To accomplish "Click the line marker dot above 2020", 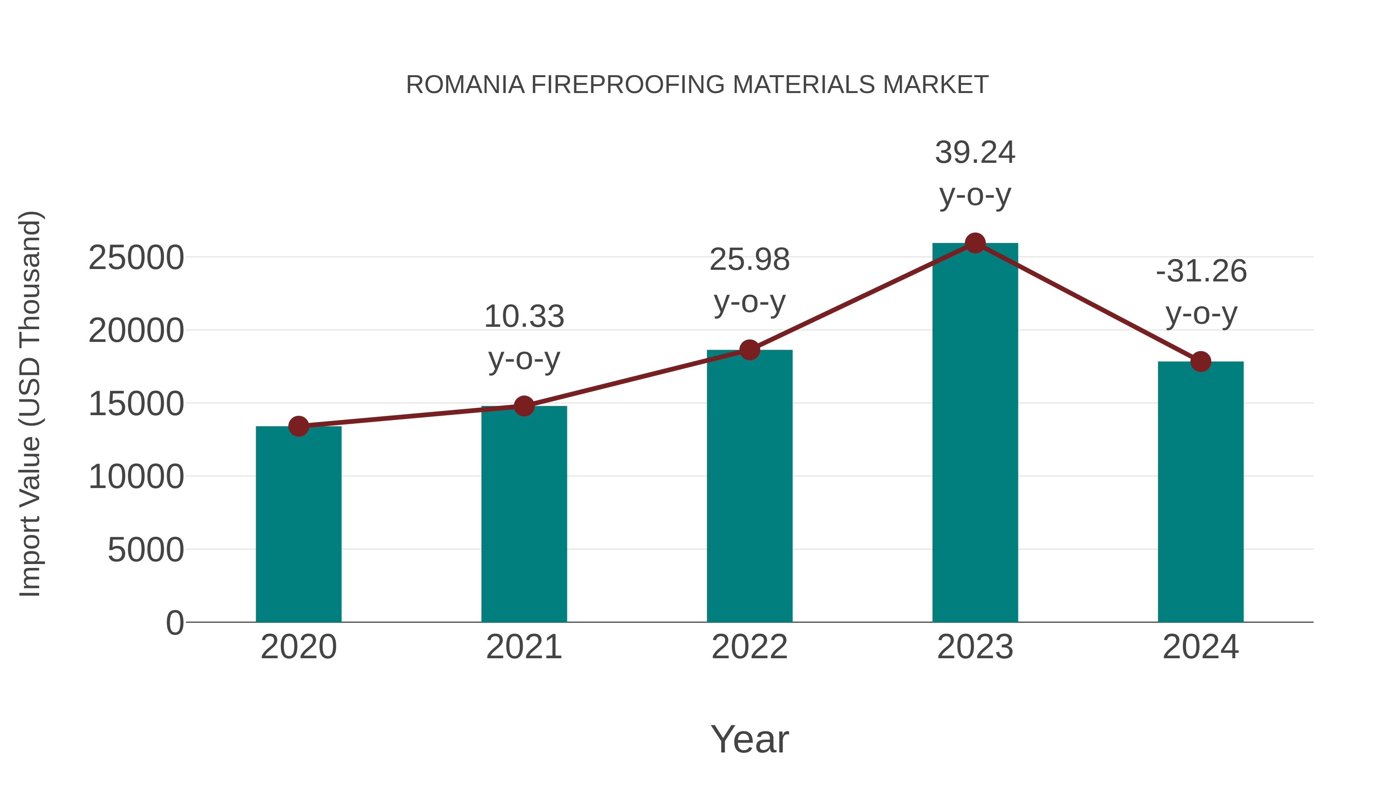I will click(x=298, y=426).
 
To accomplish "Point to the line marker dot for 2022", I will click(x=749, y=350).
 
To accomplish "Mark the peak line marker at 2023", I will click(x=975, y=243).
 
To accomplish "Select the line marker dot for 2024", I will click(x=1200, y=361).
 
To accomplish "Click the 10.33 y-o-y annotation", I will click(x=524, y=337).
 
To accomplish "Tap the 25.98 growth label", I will click(x=749, y=280).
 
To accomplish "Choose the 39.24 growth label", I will click(x=975, y=173).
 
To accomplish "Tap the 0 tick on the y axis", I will click(x=175, y=623).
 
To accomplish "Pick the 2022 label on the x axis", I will click(x=749, y=647).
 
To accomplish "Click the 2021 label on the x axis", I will click(x=524, y=647).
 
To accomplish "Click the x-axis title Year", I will click(x=749, y=739).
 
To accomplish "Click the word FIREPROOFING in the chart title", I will click(x=628, y=85).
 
